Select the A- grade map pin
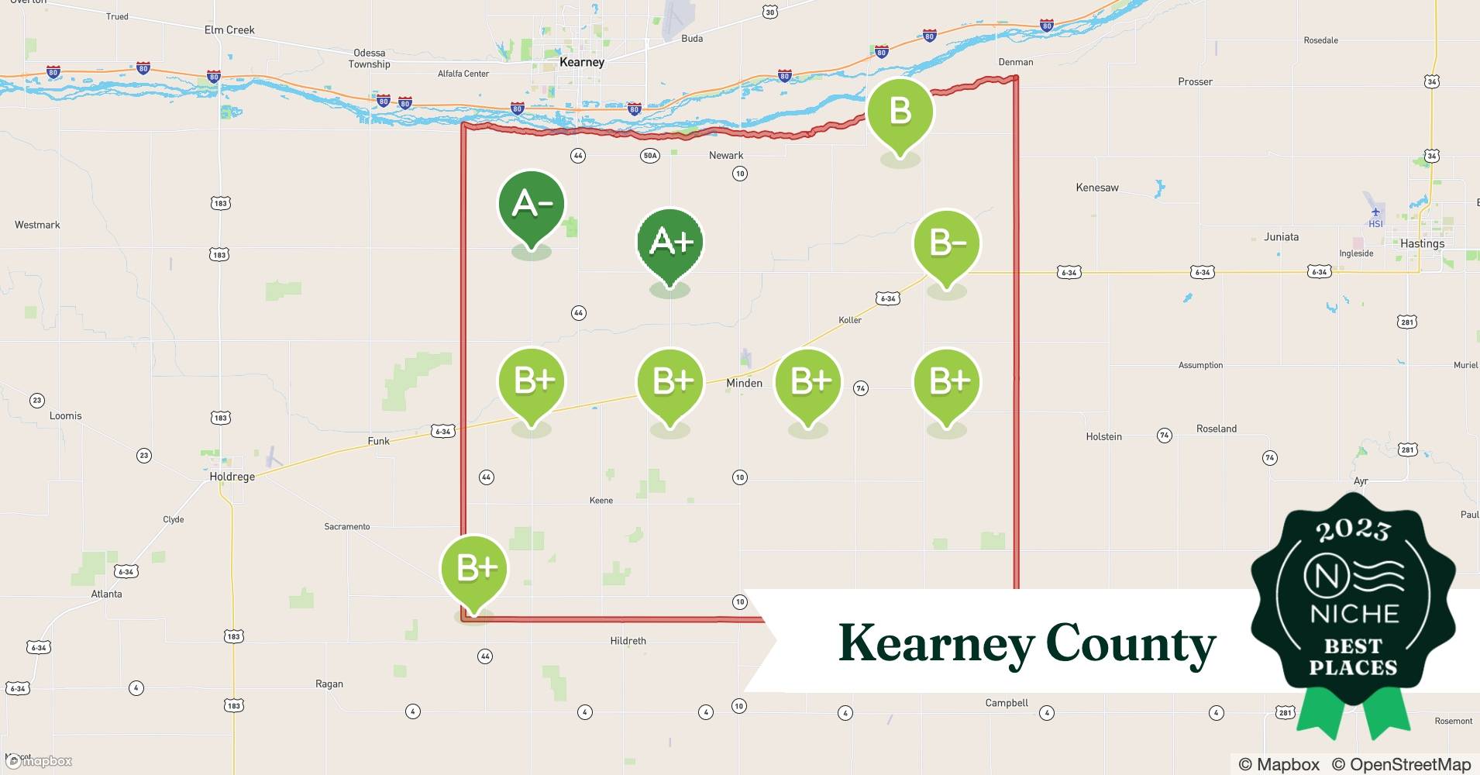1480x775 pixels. (x=531, y=205)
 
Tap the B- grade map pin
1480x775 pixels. (x=946, y=244)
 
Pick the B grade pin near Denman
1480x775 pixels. (x=900, y=112)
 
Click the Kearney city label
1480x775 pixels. (x=581, y=62)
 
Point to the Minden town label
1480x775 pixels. (x=744, y=383)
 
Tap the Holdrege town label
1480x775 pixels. (x=232, y=477)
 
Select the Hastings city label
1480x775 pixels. (x=1422, y=243)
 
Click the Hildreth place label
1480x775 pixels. (x=628, y=641)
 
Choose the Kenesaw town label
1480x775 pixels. (x=1096, y=188)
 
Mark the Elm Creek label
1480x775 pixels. (x=229, y=30)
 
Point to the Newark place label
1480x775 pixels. (x=726, y=155)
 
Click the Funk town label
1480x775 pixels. (x=378, y=441)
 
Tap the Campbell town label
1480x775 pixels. (x=1007, y=703)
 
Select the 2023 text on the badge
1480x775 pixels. (x=1353, y=529)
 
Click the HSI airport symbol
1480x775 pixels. (x=1375, y=212)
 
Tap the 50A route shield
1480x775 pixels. (x=649, y=156)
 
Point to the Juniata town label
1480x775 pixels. (x=1281, y=237)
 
